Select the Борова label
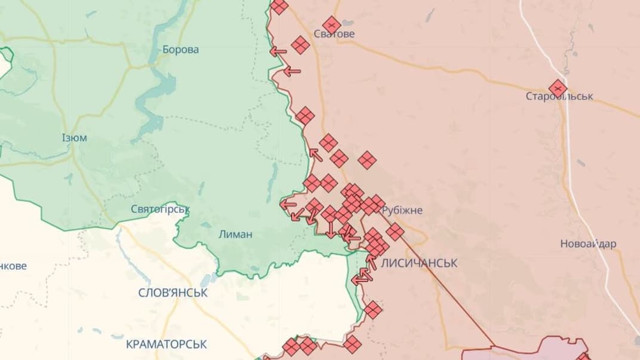[181, 50]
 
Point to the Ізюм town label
[74, 138]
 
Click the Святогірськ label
[160, 210]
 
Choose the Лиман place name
[235, 235]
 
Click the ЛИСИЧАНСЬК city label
[419, 263]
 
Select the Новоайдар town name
[588, 244]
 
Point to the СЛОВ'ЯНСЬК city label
[173, 293]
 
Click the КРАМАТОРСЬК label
[167, 344]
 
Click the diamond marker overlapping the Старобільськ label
[558, 88]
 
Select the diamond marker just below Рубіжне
[395, 232]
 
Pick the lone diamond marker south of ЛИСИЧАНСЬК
[373, 310]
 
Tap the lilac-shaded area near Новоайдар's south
[561, 349]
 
